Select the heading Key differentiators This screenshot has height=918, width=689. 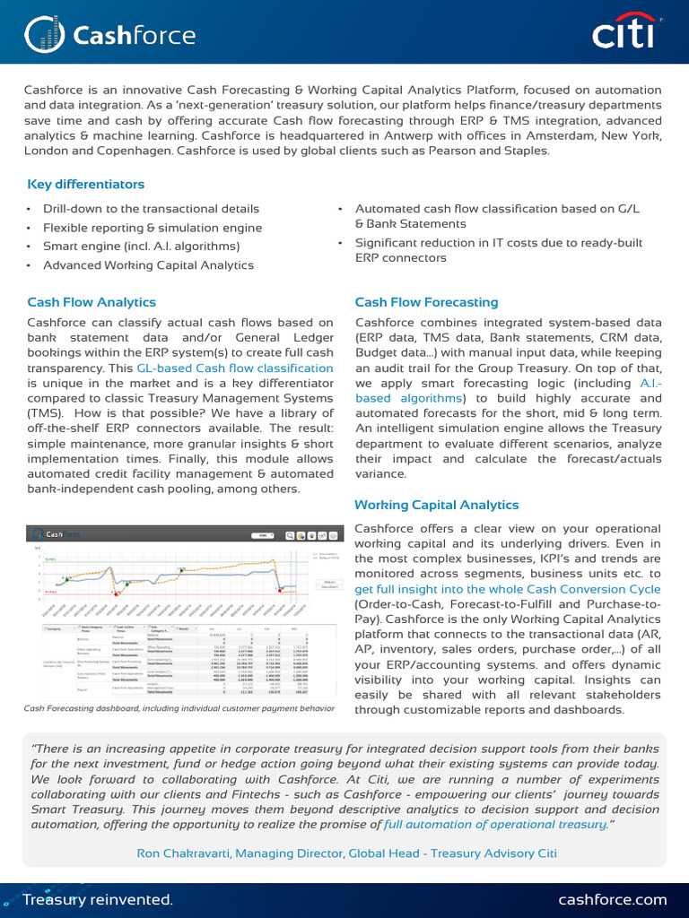[86, 184]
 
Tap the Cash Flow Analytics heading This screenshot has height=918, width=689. [92, 302]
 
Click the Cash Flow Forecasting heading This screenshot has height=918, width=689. [426, 302]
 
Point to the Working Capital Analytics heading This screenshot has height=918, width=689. [436, 505]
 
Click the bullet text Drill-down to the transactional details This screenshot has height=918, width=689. [151, 209]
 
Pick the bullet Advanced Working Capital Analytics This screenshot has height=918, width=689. [148, 265]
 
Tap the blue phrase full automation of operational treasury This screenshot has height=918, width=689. [494, 824]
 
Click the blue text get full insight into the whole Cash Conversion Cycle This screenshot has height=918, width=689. [508, 589]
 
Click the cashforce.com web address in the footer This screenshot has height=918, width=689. [613, 899]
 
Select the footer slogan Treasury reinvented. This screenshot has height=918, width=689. [97, 899]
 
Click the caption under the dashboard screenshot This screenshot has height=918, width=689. [179, 708]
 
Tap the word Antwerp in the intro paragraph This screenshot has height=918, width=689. [458, 135]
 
